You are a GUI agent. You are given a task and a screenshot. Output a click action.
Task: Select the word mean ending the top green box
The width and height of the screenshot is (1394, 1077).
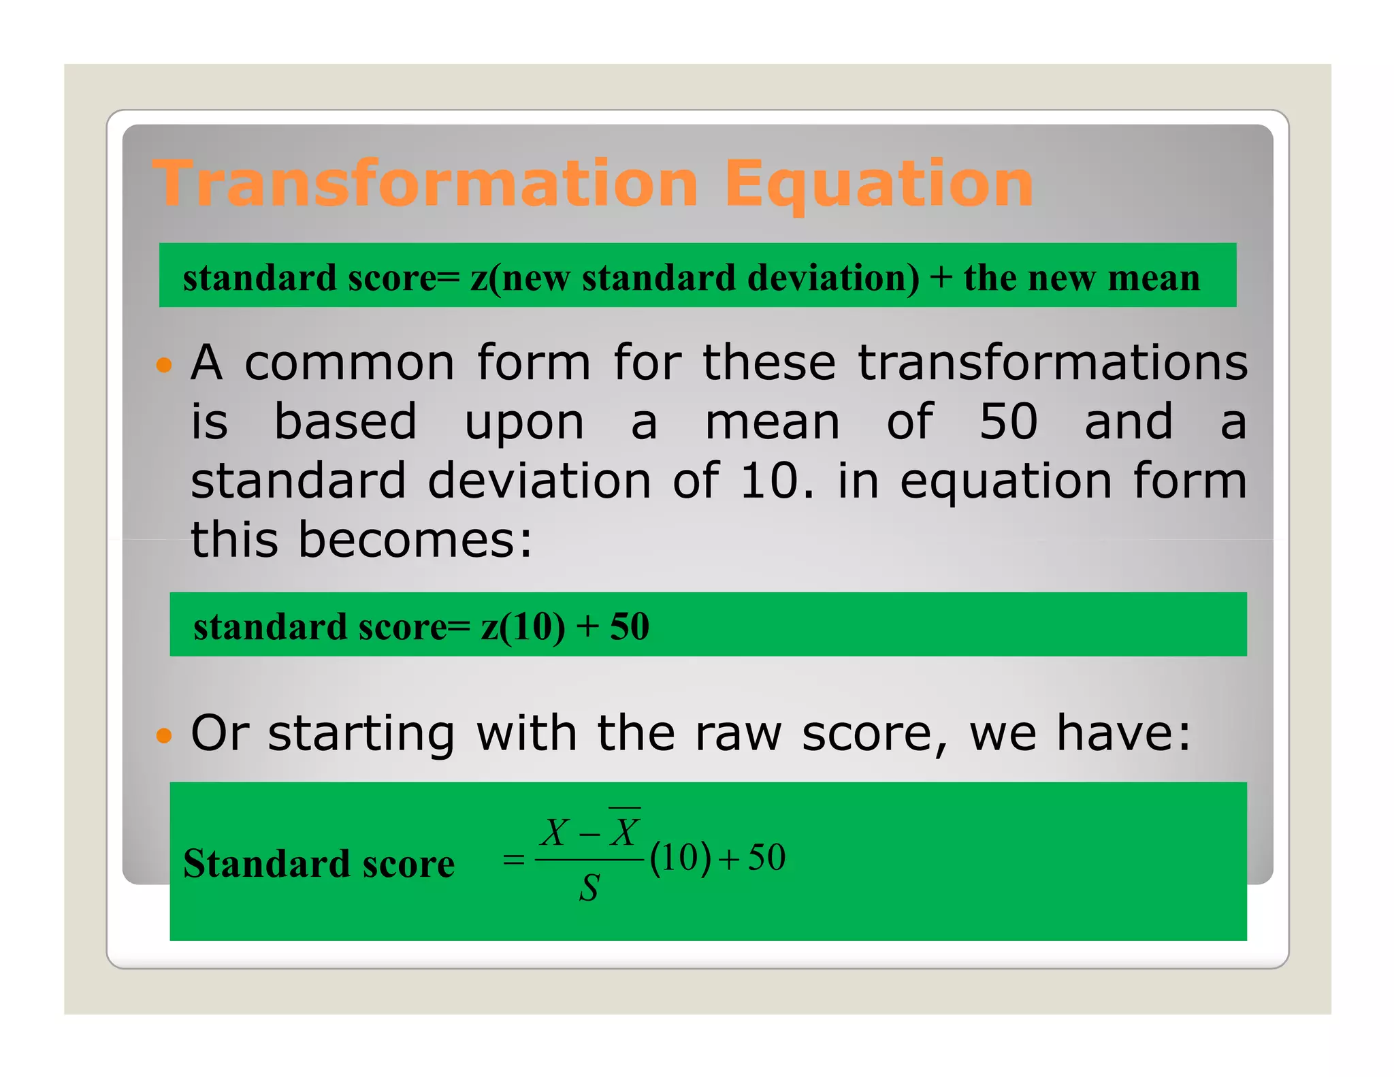[x=1154, y=278]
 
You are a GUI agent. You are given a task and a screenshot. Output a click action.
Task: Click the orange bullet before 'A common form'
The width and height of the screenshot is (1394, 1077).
[x=163, y=366]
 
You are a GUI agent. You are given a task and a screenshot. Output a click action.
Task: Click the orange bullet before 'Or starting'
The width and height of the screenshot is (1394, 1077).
[x=163, y=735]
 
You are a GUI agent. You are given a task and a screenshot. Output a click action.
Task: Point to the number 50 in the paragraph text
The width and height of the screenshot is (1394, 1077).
[x=1008, y=421]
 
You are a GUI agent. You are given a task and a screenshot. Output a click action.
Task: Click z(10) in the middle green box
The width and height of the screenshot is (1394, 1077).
[x=523, y=626]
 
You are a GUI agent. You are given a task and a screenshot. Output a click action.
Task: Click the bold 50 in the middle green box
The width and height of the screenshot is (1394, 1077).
[x=629, y=626]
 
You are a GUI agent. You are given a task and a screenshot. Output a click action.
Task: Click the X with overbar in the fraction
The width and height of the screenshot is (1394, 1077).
[x=625, y=831]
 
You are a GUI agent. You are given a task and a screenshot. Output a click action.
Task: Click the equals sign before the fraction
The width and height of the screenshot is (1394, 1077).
[x=513, y=861]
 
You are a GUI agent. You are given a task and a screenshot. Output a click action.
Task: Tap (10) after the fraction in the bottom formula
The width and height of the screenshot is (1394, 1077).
[x=681, y=858]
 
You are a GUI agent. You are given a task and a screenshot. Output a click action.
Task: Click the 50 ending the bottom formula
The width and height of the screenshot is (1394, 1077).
[x=766, y=858]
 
